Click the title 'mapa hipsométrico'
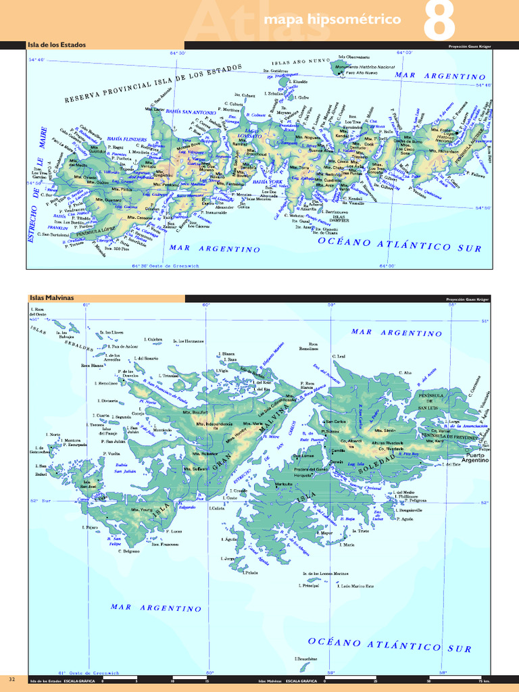tap(332, 20)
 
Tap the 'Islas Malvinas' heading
tap(51, 297)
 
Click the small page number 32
tap(11, 678)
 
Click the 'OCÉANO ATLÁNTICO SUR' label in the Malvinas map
tap(390, 644)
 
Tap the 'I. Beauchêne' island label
tap(306, 658)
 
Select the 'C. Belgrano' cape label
tap(128, 551)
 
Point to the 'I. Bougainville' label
tap(412, 510)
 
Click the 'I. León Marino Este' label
tap(356, 586)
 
